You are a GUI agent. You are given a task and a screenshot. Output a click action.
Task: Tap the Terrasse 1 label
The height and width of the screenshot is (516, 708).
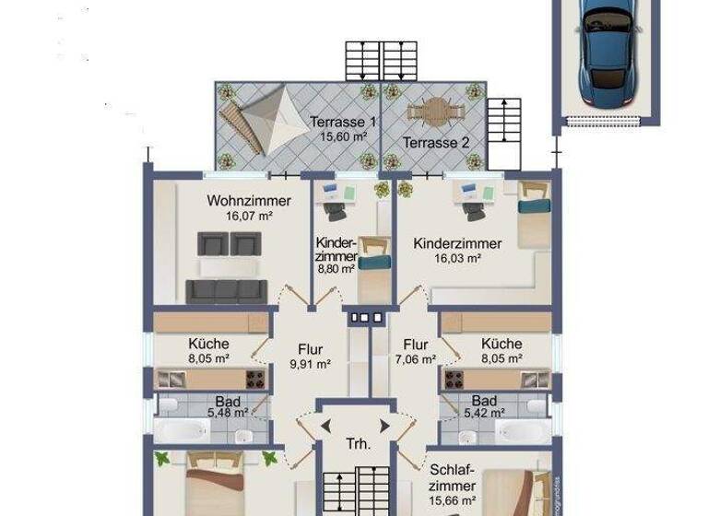coord(343,122)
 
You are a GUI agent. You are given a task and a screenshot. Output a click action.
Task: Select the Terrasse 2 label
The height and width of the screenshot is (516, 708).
coord(436,143)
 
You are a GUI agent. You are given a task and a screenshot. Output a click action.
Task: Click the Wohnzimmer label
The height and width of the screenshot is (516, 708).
coord(249,201)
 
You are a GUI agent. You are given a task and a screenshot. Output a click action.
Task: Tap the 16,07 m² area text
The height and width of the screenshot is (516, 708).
coord(249,217)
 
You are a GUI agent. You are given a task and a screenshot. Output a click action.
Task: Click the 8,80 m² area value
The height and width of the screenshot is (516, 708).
coord(336,270)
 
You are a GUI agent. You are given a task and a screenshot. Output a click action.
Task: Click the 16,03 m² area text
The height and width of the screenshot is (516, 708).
coord(458,260)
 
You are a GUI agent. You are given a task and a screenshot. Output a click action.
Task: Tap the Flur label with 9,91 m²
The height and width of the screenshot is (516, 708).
coord(310,349)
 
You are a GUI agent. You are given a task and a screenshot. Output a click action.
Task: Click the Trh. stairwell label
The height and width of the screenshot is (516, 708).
coord(358,444)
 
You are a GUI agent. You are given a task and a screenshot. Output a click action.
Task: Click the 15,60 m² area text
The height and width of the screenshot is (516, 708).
coord(343,136)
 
